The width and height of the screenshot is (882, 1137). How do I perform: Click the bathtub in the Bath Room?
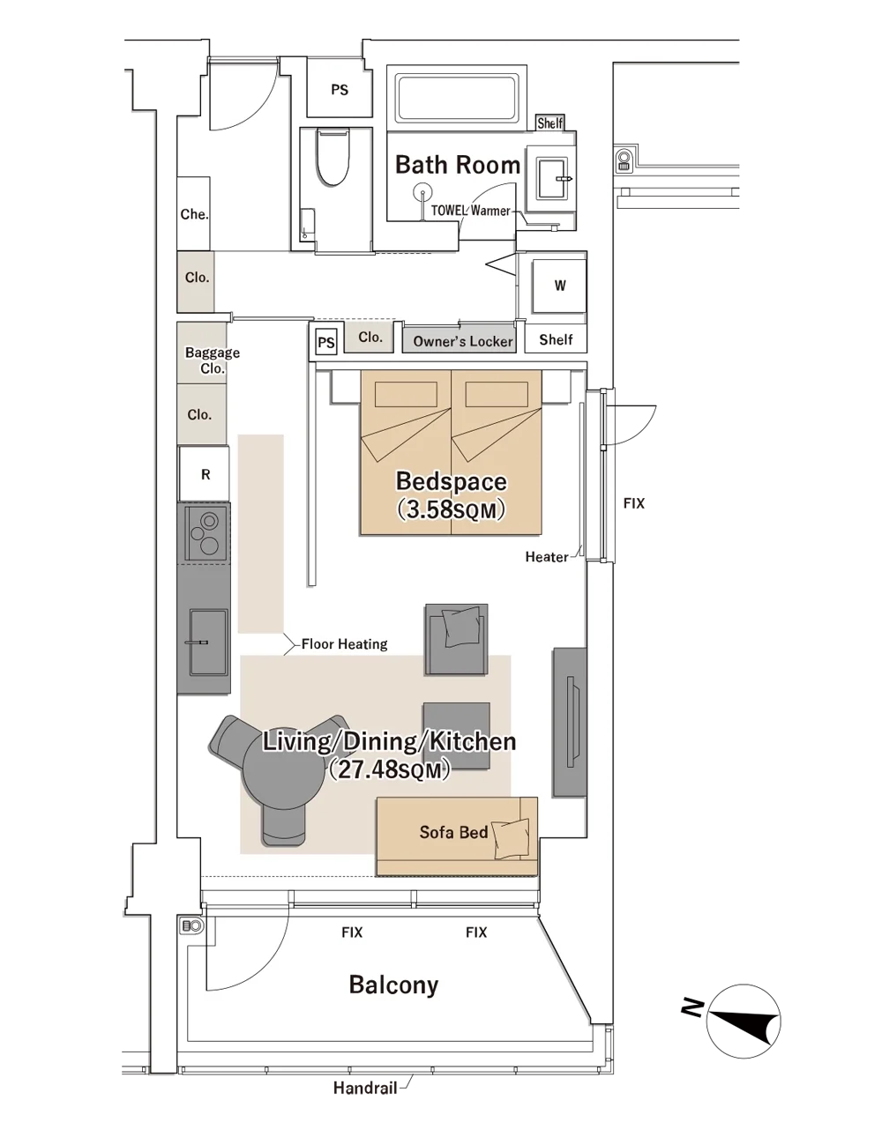tap(457, 97)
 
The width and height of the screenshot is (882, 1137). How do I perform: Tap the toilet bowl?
tap(333, 157)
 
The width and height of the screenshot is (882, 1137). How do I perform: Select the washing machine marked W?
tap(559, 286)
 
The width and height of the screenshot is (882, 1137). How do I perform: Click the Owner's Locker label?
tap(463, 341)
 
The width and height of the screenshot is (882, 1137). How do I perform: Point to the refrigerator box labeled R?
tap(204, 474)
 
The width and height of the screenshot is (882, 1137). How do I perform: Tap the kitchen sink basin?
tap(208, 642)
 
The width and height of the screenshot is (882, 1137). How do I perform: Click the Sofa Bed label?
tap(453, 832)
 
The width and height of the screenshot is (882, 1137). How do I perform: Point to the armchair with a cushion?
tap(457, 639)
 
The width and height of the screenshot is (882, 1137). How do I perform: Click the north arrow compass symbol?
tap(743, 1021)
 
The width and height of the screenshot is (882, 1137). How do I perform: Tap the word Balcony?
tap(393, 985)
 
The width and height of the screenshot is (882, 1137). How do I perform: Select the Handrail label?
tap(365, 1089)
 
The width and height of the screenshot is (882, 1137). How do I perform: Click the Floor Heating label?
tap(345, 643)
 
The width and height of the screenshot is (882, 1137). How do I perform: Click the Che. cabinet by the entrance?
tap(194, 213)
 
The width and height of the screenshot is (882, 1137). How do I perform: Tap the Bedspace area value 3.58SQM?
tap(451, 509)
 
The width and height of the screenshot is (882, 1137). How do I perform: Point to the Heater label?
tap(547, 557)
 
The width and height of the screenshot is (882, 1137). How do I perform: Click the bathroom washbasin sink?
tap(551, 179)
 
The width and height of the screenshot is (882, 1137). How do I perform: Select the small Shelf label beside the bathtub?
tap(549, 123)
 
